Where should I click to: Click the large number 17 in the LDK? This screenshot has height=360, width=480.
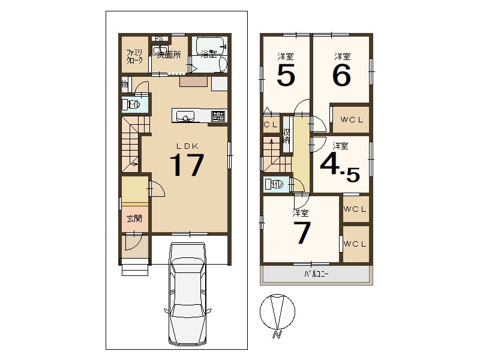click(x=187, y=164)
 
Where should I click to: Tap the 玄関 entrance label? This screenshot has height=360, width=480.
click(x=134, y=218)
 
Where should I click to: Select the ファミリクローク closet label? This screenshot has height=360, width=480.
click(x=134, y=56)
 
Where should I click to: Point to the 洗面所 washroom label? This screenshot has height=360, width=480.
click(x=169, y=55)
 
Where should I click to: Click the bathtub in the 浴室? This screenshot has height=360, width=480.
click(x=209, y=46)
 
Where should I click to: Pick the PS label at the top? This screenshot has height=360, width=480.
click(x=158, y=38)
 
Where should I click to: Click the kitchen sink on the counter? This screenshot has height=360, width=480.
click(x=184, y=116)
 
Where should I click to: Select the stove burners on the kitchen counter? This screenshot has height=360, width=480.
click(x=218, y=116)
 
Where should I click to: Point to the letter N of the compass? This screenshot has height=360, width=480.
click(x=277, y=334)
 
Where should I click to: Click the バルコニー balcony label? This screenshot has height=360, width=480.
click(x=316, y=274)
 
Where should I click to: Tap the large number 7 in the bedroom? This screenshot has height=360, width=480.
click(x=302, y=233)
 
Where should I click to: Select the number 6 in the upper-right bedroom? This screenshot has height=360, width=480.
click(x=341, y=74)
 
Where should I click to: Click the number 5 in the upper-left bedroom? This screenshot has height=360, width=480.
click(x=286, y=74)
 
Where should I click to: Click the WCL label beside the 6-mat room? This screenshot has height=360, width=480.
click(x=352, y=119)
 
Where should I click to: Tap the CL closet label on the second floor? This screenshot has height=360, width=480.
click(x=271, y=125)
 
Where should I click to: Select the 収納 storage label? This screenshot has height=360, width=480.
click(x=287, y=136)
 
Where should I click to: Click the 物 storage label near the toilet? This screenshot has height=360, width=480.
click(x=125, y=84)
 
